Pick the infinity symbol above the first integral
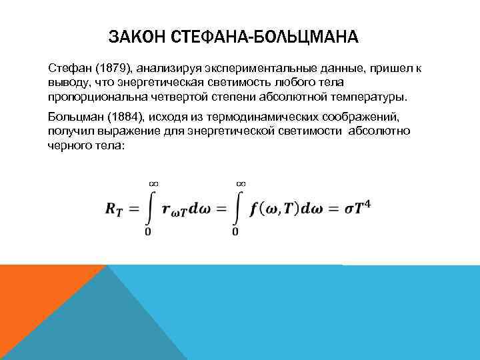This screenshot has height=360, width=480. coord(153,182)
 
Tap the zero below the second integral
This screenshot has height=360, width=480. coord(235,232)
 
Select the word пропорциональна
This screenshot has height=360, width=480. coord(89,97)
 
